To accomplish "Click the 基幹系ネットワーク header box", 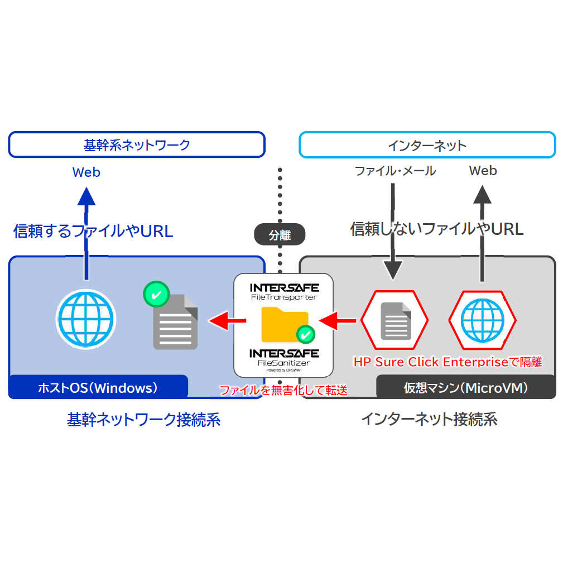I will click(137, 145).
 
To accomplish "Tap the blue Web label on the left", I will click(86, 172).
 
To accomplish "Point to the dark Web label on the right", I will click(483, 171).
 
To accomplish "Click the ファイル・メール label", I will click(395, 171).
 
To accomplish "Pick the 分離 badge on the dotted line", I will click(280, 235).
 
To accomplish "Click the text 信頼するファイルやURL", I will click(93, 231).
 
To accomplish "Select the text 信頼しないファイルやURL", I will click(437, 229).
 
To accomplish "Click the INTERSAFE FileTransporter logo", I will click(284, 291).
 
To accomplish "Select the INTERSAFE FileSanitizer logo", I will click(284, 358).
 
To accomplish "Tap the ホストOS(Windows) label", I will click(98, 387).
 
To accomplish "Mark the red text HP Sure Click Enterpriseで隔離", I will click(448, 362).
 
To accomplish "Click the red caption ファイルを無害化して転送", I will click(283, 390).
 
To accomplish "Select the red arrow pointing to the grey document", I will click(228, 320).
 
